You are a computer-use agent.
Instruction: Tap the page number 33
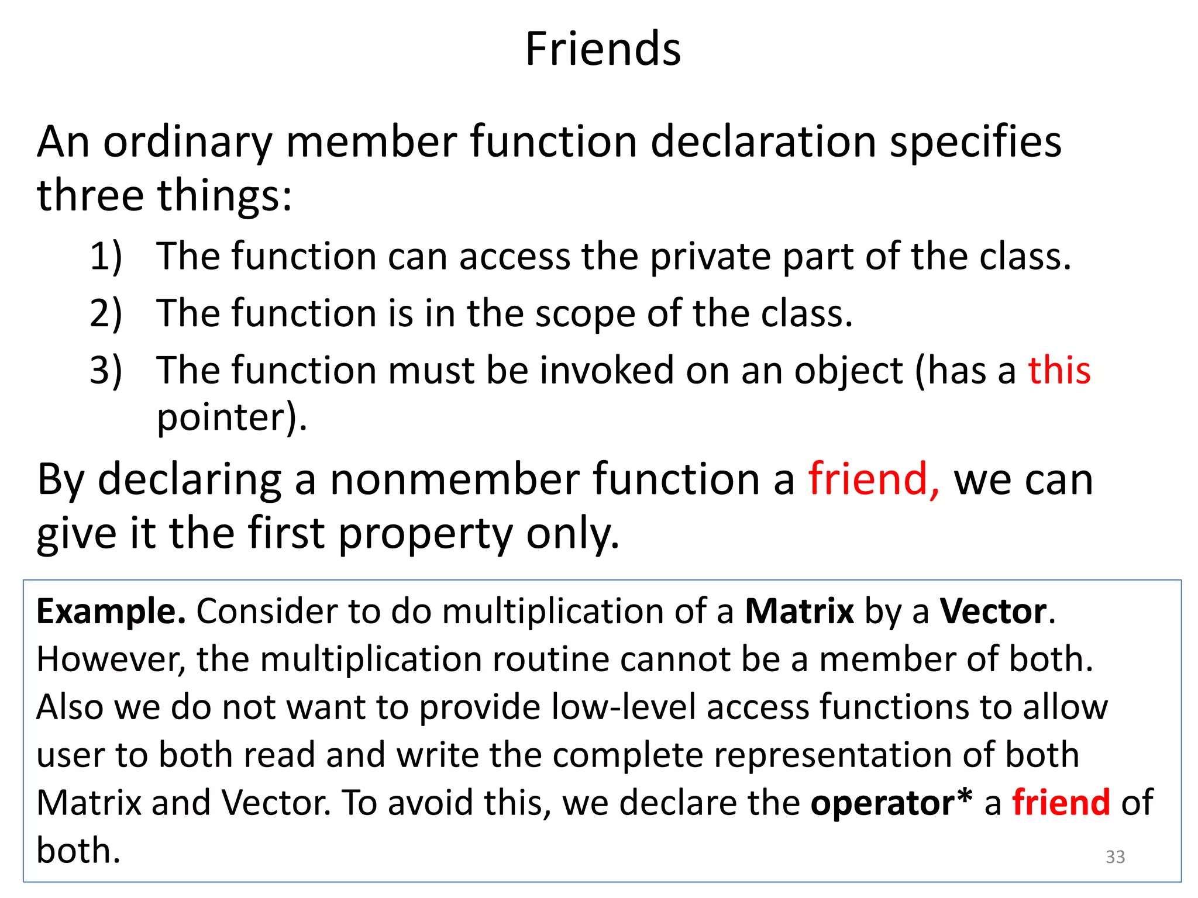point(1115,856)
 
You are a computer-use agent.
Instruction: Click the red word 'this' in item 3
point(1059,371)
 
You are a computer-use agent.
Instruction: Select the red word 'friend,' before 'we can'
point(874,479)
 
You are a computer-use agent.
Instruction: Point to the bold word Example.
point(111,612)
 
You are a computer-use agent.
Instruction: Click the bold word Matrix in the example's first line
point(799,612)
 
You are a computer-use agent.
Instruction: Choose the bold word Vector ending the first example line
point(993,612)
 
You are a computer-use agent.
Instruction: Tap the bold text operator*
point(891,803)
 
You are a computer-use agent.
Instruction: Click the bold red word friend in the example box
point(1061,802)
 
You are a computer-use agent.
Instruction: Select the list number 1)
point(106,257)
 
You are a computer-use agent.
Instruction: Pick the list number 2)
point(106,313)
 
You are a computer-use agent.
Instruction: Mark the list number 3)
point(106,371)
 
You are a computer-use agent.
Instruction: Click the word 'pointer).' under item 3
point(232,418)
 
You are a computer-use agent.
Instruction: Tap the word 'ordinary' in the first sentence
point(188,143)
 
